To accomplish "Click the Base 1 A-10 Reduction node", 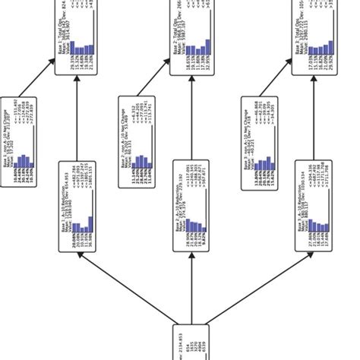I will (77, 205).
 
